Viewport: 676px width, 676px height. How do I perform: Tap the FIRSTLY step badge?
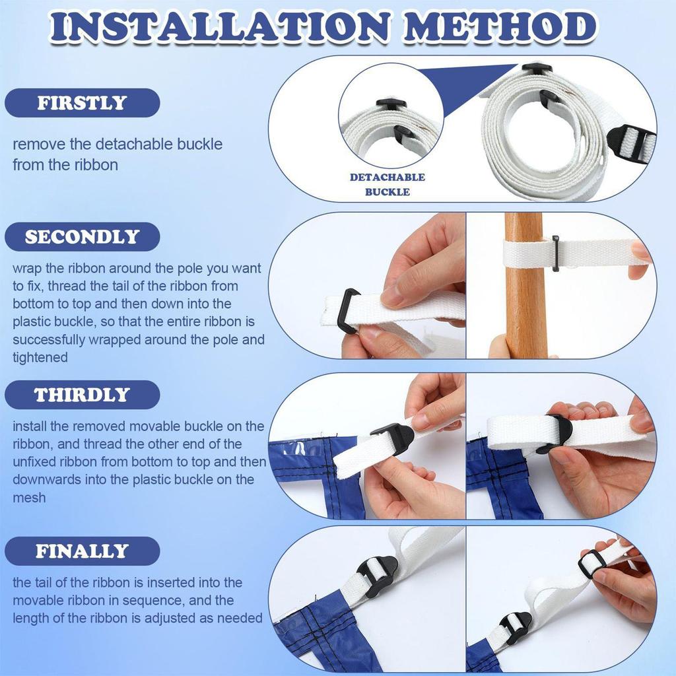(x=82, y=103)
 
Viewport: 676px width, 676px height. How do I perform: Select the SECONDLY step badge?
(x=82, y=237)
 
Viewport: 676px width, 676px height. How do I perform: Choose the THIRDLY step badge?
(x=82, y=395)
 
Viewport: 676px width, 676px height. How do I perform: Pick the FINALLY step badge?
(x=82, y=551)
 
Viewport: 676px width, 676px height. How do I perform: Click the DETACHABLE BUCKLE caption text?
(x=388, y=185)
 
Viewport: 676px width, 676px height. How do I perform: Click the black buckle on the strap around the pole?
(x=555, y=253)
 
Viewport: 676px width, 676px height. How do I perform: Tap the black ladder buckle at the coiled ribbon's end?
(x=630, y=140)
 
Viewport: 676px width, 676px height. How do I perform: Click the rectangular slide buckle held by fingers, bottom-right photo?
(x=591, y=564)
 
